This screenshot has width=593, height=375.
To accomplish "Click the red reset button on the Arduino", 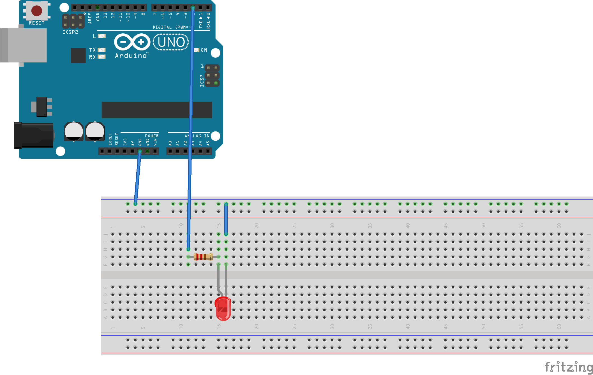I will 37,11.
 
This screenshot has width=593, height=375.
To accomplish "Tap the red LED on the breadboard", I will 223,308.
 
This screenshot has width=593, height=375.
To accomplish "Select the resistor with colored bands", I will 203,257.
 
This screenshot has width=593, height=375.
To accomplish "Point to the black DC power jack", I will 34,136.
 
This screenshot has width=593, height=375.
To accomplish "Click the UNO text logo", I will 171,42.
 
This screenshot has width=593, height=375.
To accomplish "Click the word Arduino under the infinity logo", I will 131,56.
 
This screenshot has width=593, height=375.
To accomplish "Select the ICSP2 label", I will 70,32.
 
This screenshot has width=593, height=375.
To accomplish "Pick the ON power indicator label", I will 204,50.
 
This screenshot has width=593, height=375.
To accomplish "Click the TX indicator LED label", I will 92,50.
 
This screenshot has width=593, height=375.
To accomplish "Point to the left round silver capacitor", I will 74,131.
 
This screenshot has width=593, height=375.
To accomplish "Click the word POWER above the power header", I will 152,136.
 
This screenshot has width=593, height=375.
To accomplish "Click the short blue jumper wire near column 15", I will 226,219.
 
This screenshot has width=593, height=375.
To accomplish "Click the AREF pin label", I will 90,18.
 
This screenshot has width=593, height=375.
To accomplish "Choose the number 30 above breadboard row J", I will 332,226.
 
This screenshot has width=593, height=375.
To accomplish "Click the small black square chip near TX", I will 78,55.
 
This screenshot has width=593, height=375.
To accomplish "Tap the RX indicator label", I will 92,57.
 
